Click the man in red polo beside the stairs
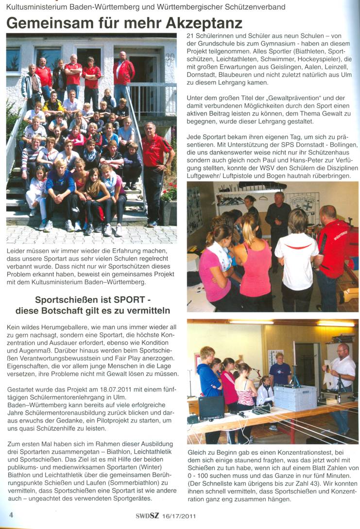(x=155, y=170)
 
